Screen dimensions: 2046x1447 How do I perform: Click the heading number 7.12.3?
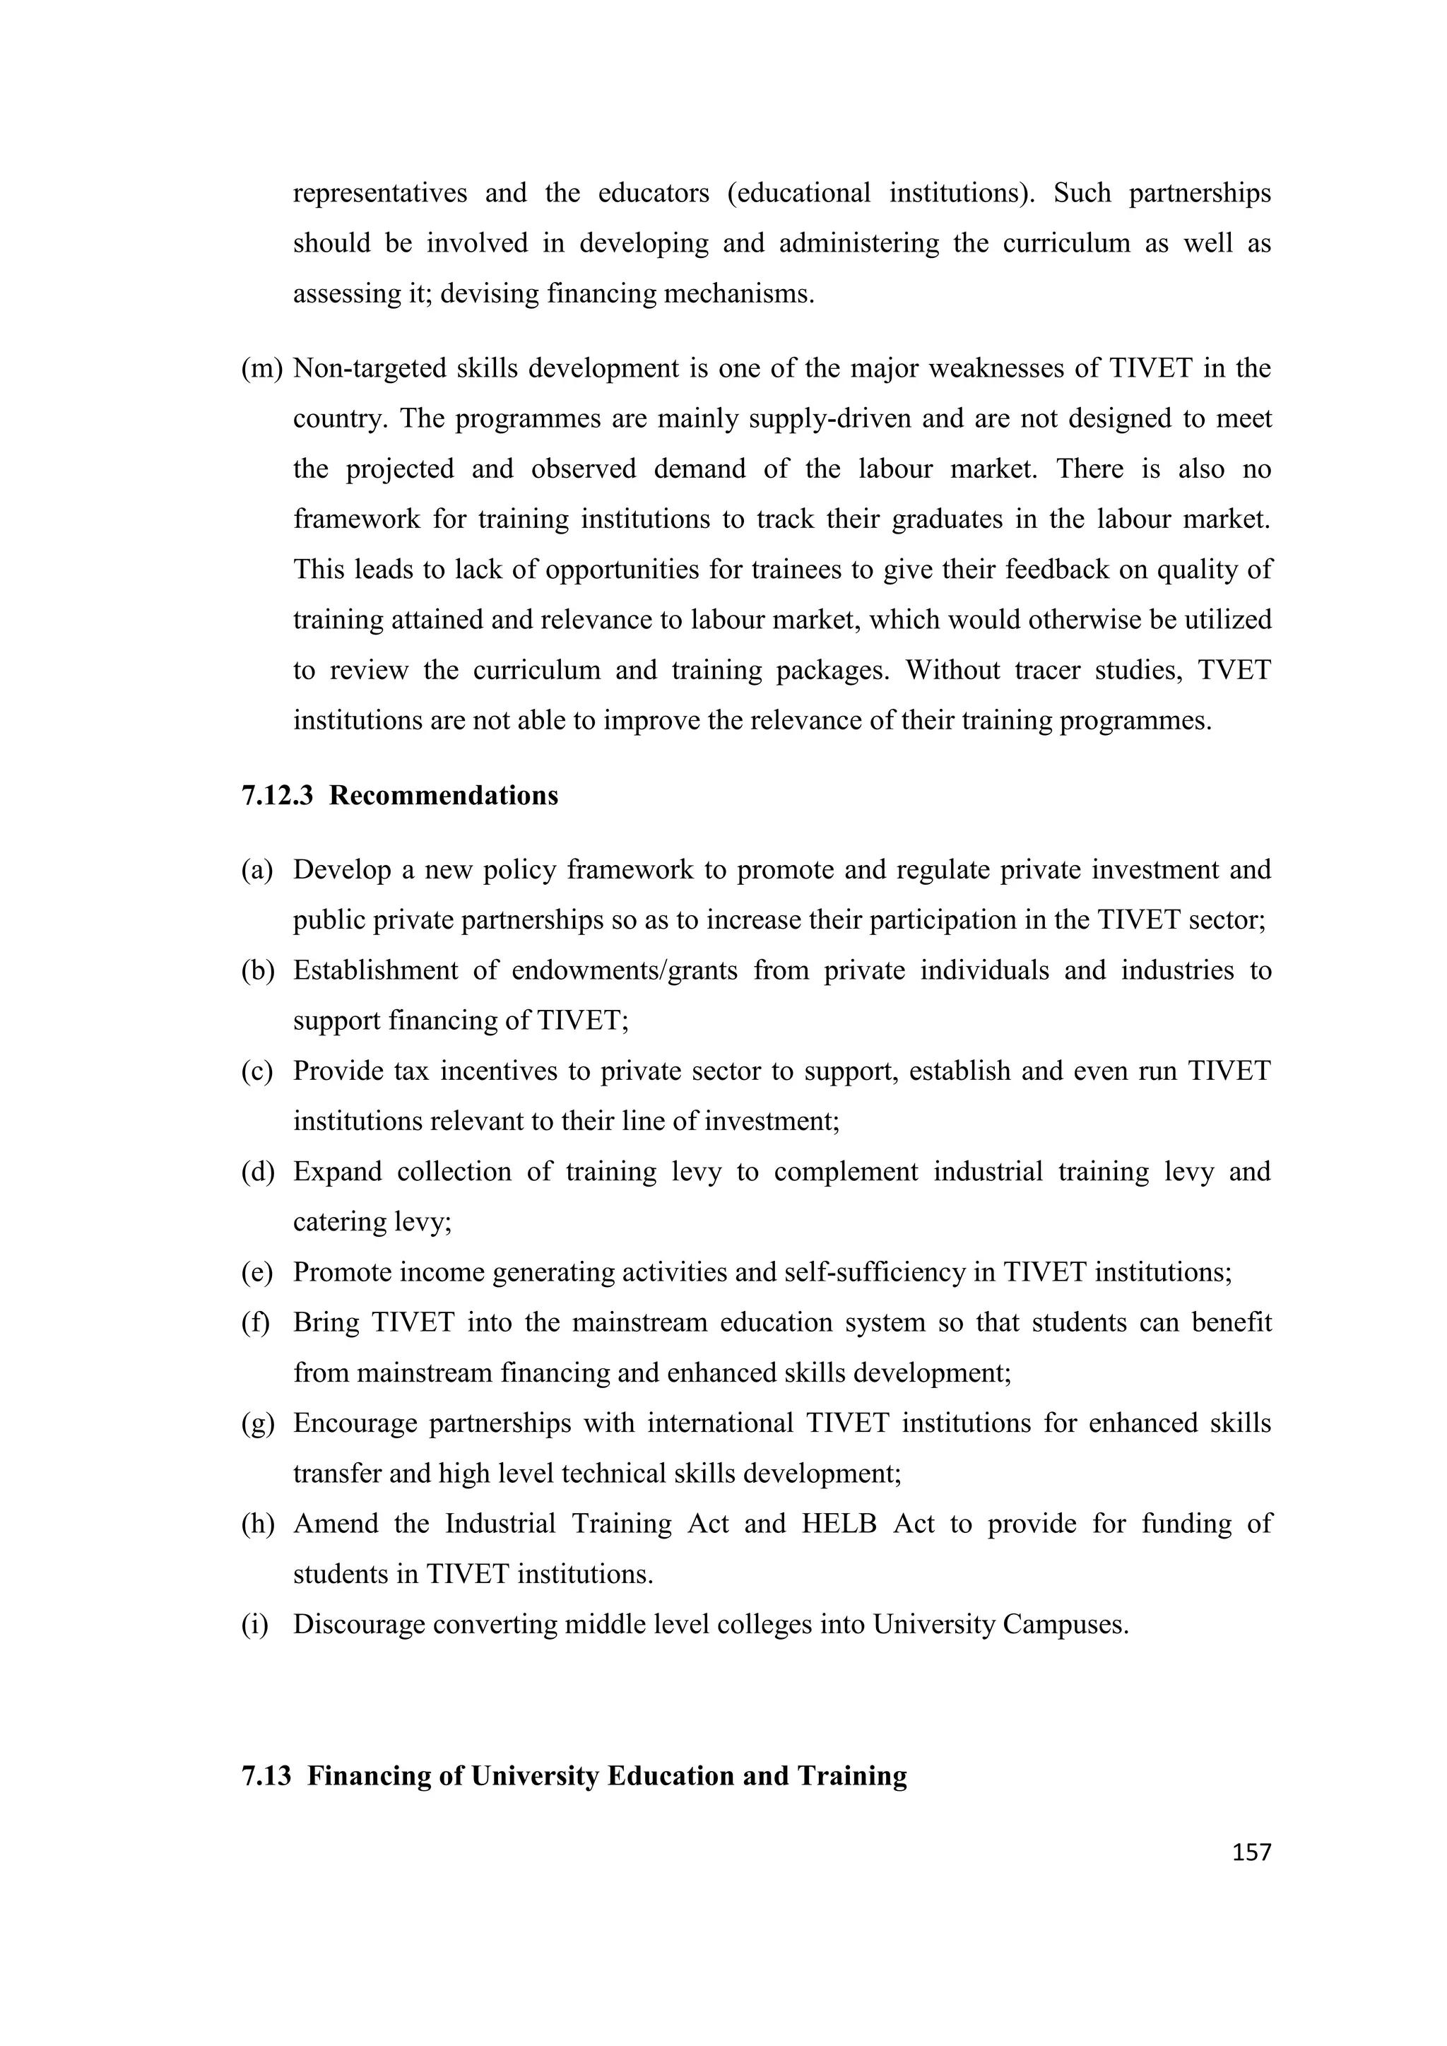click(277, 795)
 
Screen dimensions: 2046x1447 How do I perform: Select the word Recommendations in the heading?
click(444, 795)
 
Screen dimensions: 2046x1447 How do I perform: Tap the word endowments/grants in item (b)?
click(625, 970)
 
